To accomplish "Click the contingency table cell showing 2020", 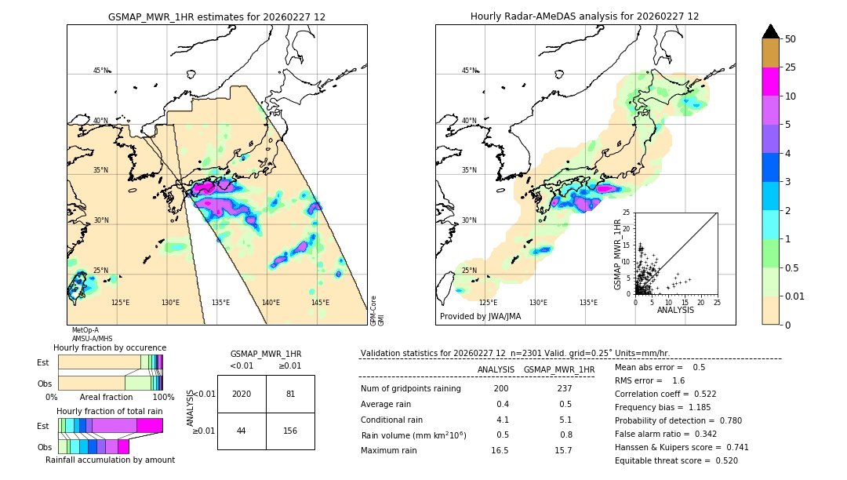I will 242,394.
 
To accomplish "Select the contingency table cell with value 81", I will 290,394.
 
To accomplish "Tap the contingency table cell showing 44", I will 242,431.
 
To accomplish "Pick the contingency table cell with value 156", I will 290,431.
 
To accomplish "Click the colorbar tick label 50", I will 791,39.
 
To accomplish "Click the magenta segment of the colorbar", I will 771,82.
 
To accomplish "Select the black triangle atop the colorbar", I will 771,31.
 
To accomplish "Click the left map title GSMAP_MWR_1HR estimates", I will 216,16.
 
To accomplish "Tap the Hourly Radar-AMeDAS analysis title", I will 584,16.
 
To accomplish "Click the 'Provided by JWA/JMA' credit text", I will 480,316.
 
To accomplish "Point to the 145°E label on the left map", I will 320,303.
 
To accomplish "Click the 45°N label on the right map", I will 469,71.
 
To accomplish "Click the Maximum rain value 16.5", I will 500,450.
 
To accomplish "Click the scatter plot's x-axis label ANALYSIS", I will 675,310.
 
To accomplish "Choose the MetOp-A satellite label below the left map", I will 85,330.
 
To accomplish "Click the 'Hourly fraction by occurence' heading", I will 110,347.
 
